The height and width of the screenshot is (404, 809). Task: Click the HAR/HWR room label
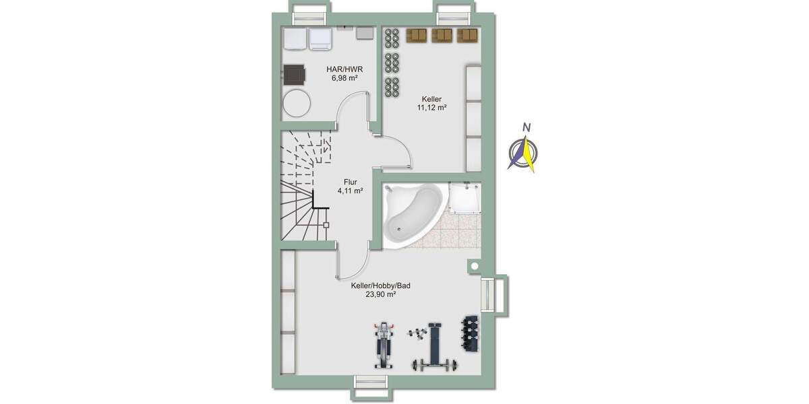coord(344,68)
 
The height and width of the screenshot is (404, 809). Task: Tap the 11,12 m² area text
coord(432,107)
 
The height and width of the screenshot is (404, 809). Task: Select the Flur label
coord(350,181)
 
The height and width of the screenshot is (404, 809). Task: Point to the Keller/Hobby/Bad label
coord(380,285)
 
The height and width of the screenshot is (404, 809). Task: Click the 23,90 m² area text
coord(381,294)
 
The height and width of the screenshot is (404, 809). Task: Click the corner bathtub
coord(411,212)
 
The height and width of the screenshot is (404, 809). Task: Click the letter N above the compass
coord(528,128)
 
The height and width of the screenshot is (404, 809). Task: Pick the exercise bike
coord(384,345)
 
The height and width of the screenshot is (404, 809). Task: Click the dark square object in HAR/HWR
coord(295,73)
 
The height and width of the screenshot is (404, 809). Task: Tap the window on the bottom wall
coord(373,381)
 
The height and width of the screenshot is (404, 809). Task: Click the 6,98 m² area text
coord(344,77)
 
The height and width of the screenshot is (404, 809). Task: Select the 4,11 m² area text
coord(351,191)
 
